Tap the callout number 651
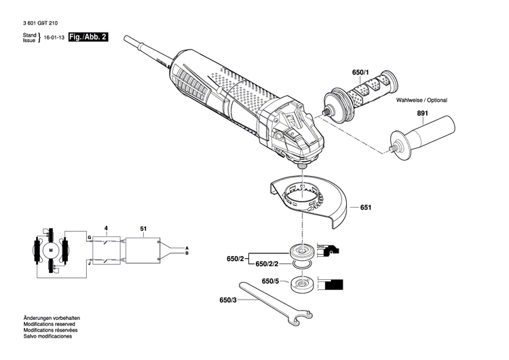(x=366, y=207)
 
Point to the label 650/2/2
(x=269, y=263)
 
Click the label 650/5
(x=269, y=281)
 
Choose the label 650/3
(x=228, y=300)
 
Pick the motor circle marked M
(x=51, y=251)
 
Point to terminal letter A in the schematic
(x=187, y=247)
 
